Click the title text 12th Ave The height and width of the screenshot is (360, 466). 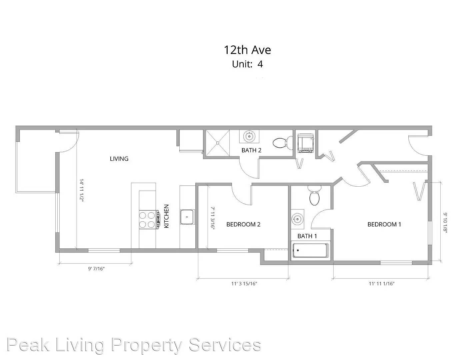pyautogui.click(x=247, y=50)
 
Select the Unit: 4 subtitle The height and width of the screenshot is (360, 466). pyautogui.click(x=247, y=64)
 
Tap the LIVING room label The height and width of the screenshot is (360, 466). pyautogui.click(x=119, y=159)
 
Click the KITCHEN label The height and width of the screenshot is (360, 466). pyautogui.click(x=166, y=216)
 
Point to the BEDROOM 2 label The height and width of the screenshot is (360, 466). pyautogui.click(x=243, y=224)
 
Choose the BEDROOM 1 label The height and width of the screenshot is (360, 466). pyautogui.click(x=384, y=224)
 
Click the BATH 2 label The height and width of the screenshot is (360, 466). pyautogui.click(x=251, y=150)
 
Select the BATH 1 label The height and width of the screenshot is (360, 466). pyautogui.click(x=307, y=236)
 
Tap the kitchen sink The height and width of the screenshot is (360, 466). pyautogui.click(x=187, y=217)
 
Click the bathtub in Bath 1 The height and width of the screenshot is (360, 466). pyautogui.click(x=310, y=251)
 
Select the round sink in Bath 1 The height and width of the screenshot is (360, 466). pyautogui.click(x=297, y=219)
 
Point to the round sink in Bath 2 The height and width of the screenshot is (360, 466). pyautogui.click(x=249, y=136)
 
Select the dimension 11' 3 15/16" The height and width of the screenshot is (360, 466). pyautogui.click(x=244, y=284)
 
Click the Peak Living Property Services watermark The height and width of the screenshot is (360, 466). pyautogui.click(x=134, y=345)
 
